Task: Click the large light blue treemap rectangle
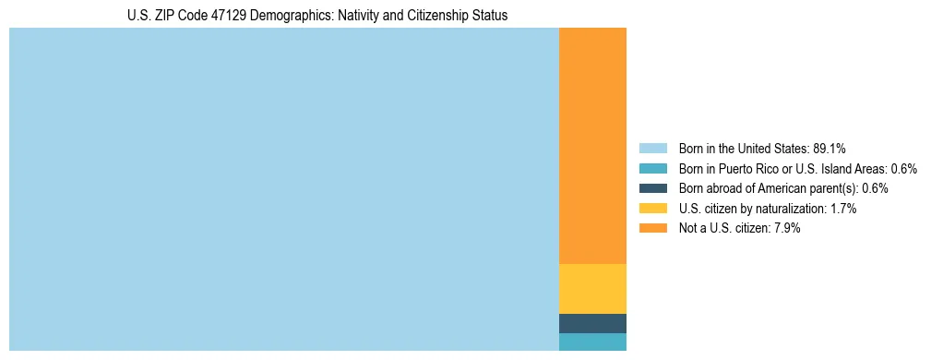[x=283, y=189]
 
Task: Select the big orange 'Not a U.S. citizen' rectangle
[x=592, y=146]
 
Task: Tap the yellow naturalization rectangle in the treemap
[x=592, y=289]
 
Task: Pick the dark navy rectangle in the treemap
[x=592, y=323]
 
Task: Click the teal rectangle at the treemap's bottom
[x=592, y=342]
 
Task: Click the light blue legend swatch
[x=652, y=149]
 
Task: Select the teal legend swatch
[x=652, y=169]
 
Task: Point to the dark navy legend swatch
[x=652, y=188]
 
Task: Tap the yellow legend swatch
[x=652, y=209]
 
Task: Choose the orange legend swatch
[x=652, y=228]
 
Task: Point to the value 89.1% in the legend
[x=830, y=149]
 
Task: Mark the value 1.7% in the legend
[x=842, y=209]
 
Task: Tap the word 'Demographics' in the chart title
[x=279, y=16]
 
